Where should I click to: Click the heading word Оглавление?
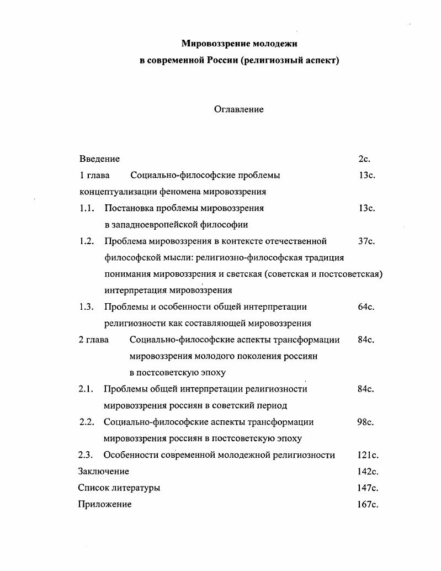238,109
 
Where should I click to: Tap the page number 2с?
364,159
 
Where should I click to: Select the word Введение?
99,159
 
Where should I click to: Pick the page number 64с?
366,306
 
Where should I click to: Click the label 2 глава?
94,340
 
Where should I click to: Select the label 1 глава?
94,176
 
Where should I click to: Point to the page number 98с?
366,422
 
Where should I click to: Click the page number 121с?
368,455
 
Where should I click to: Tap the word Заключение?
104,471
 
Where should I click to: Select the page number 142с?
368,471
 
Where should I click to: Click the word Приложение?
105,504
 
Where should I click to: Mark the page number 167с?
368,504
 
